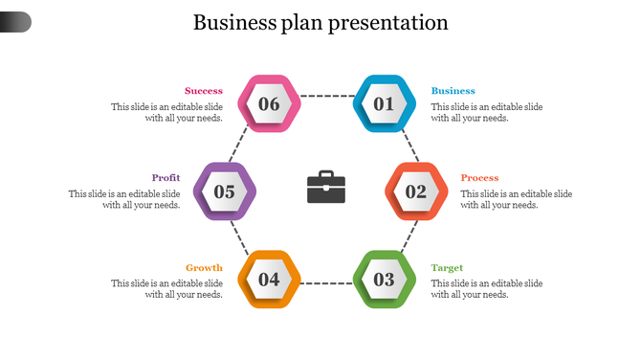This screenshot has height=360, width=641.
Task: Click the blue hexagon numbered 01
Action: pos(385,103)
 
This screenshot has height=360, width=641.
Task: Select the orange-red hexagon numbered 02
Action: pos(416,191)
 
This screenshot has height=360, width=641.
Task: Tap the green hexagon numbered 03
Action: pos(385,280)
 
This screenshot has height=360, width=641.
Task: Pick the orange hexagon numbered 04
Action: pos(269,280)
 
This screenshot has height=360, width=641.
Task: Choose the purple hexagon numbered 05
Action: pos(225,191)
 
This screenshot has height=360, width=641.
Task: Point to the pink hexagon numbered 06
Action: pos(269,103)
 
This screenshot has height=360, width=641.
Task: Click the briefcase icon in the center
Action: pos(326,187)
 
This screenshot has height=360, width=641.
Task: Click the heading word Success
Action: pos(204,91)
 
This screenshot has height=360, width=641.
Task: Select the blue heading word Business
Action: pos(453,91)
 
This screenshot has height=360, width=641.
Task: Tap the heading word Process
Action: pos(479,178)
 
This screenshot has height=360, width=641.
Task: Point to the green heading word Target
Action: pos(447,268)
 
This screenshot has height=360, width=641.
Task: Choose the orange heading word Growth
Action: pos(204,268)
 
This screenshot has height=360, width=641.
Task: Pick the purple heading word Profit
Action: pos(166,178)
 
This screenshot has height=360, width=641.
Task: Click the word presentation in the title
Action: pos(388,23)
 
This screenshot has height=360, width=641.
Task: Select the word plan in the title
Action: pos(300,23)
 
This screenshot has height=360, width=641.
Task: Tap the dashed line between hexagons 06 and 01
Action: pos(326,96)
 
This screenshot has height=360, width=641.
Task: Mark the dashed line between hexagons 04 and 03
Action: pos(326,283)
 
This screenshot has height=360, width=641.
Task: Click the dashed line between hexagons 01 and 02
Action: pos(409,146)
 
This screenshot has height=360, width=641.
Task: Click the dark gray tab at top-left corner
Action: pos(15,21)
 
